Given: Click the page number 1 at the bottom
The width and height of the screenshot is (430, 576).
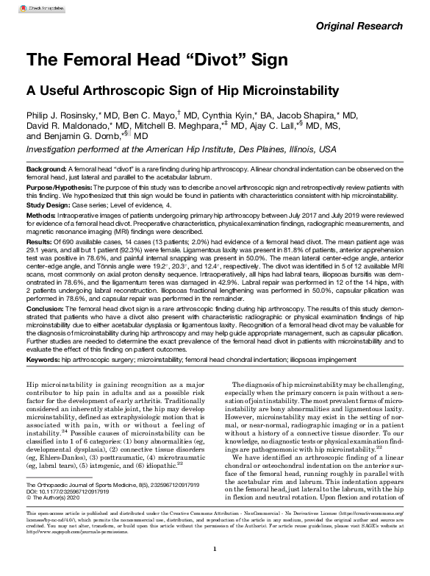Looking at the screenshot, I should [214, 549].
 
